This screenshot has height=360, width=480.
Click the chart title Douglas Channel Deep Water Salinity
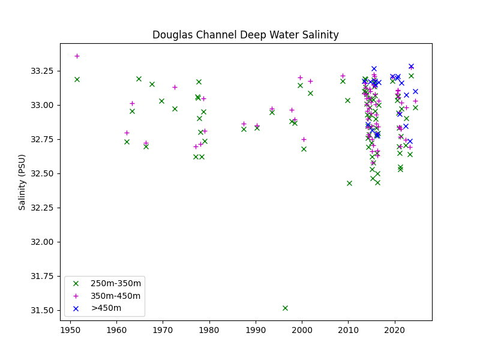tap(245, 35)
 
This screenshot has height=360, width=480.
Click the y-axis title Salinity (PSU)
tap(22, 182)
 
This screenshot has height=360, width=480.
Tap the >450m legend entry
tap(106, 308)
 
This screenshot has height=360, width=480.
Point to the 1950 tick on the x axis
tap(70, 331)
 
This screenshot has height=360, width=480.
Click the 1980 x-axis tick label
tap(209, 331)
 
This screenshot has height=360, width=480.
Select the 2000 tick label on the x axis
tap(302, 331)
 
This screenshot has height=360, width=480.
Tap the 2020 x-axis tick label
tap(395, 331)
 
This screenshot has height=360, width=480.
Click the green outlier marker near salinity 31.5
tap(285, 308)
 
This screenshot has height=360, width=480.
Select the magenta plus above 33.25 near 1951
tap(77, 56)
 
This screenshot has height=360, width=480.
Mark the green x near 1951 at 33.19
tap(77, 79)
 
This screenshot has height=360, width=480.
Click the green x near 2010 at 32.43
tap(349, 183)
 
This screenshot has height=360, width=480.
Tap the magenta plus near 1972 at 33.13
tap(175, 87)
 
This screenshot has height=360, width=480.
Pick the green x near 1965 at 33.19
tap(139, 79)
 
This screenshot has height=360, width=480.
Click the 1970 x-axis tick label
tap(163, 331)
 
